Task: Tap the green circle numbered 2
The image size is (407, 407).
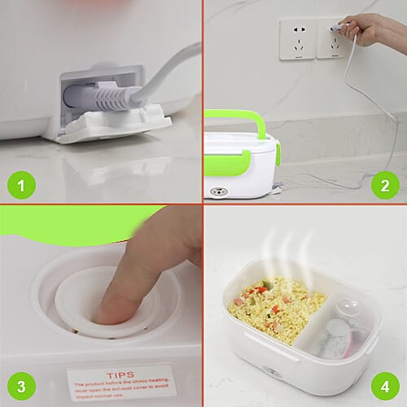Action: [383, 186]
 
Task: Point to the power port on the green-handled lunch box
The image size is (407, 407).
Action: [217, 192]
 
